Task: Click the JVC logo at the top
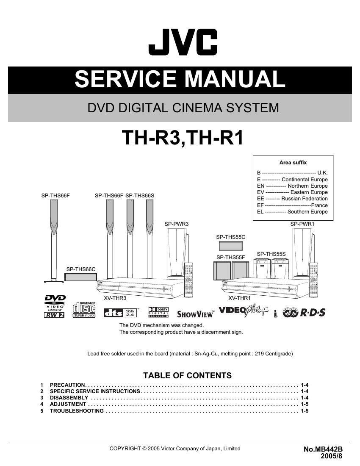pos(183,42)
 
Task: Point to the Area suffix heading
pos(293,162)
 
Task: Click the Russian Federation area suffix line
pos(292,198)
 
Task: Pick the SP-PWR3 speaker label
pos(177,224)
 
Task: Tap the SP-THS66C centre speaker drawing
pos(80,277)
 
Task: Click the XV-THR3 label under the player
pos(115,298)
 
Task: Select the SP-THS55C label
pos(231,237)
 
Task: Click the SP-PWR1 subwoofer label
pos(302,224)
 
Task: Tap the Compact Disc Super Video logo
pos(84,310)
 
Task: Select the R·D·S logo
pos(305,313)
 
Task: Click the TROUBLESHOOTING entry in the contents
pos(77,411)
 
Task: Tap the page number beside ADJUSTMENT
pos(305,404)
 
